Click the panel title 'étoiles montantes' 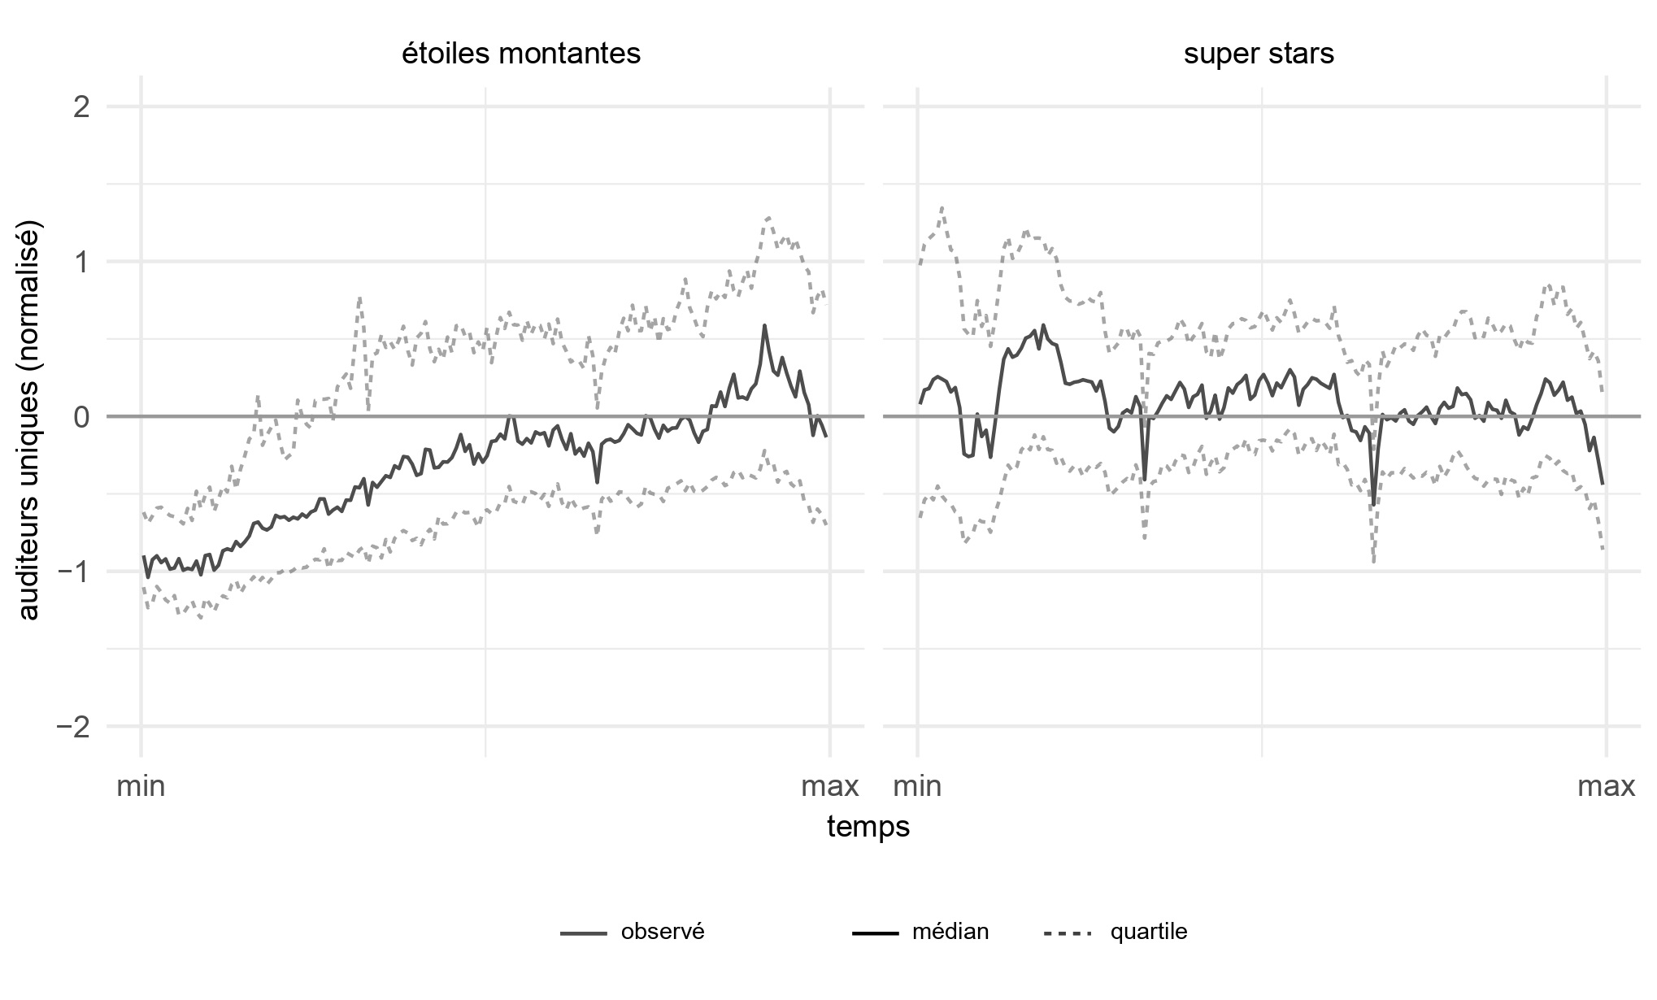521,54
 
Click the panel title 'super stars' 1259,54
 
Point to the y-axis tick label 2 81,107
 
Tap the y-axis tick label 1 81,262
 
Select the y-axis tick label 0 81,417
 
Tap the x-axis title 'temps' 868,827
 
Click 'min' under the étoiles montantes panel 141,787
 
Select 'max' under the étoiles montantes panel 830,787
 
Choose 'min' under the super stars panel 918,787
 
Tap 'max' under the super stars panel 1607,787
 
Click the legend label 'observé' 663,932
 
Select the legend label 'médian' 950,932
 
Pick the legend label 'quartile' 1149,932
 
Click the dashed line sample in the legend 1068,933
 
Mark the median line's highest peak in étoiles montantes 764,325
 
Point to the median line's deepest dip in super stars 1374,505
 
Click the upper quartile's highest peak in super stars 942,207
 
